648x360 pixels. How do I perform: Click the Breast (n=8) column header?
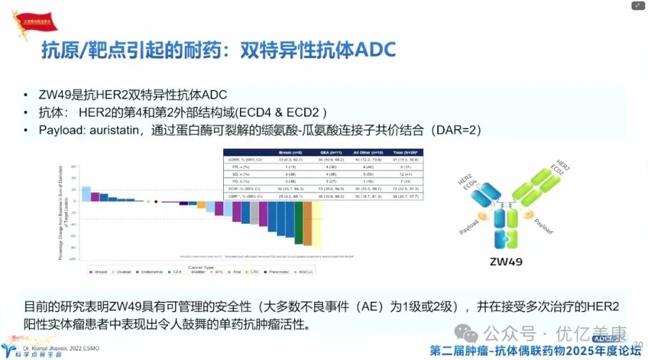pos(281,152)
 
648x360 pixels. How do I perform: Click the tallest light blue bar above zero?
pos(86,194)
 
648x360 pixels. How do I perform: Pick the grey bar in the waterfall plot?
pos(254,212)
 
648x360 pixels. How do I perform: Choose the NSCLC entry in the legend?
pos(304,272)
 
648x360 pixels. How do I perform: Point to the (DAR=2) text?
pos(458,130)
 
